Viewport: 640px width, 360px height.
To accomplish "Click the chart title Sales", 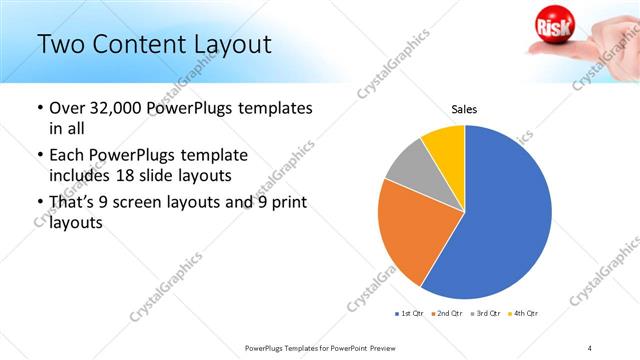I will [465, 109].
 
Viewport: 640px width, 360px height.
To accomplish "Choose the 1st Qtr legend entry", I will [410, 314].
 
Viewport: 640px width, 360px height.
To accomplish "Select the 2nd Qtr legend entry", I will [448, 314].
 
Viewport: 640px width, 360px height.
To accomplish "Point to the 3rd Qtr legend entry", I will [487, 314].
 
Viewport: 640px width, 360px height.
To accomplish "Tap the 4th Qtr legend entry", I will [524, 314].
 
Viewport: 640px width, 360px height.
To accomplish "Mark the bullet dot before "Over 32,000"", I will [38, 107].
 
